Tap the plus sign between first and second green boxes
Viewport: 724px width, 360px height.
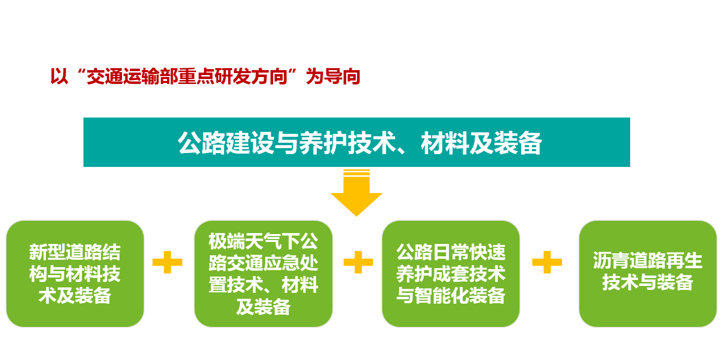click(167, 262)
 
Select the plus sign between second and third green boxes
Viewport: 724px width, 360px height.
click(358, 262)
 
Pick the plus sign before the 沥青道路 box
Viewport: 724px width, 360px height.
click(547, 262)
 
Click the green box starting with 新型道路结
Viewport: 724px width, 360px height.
click(75, 274)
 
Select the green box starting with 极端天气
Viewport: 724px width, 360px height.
click(263, 274)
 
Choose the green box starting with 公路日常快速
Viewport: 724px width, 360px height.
click(451, 274)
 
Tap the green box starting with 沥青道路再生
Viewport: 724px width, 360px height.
click(648, 274)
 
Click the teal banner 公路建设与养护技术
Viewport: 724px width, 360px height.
click(357, 142)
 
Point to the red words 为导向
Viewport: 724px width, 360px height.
click(333, 77)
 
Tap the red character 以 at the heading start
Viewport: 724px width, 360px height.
click(59, 77)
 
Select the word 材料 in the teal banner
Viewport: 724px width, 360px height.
click(445, 143)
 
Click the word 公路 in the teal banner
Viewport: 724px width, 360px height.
click(201, 143)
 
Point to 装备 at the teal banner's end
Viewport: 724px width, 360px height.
click(518, 143)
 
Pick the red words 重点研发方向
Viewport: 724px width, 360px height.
click(233, 77)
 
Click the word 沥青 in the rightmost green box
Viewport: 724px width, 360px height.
click(611, 260)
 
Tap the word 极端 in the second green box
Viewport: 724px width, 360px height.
click(227, 241)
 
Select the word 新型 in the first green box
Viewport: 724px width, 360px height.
click(47, 252)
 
